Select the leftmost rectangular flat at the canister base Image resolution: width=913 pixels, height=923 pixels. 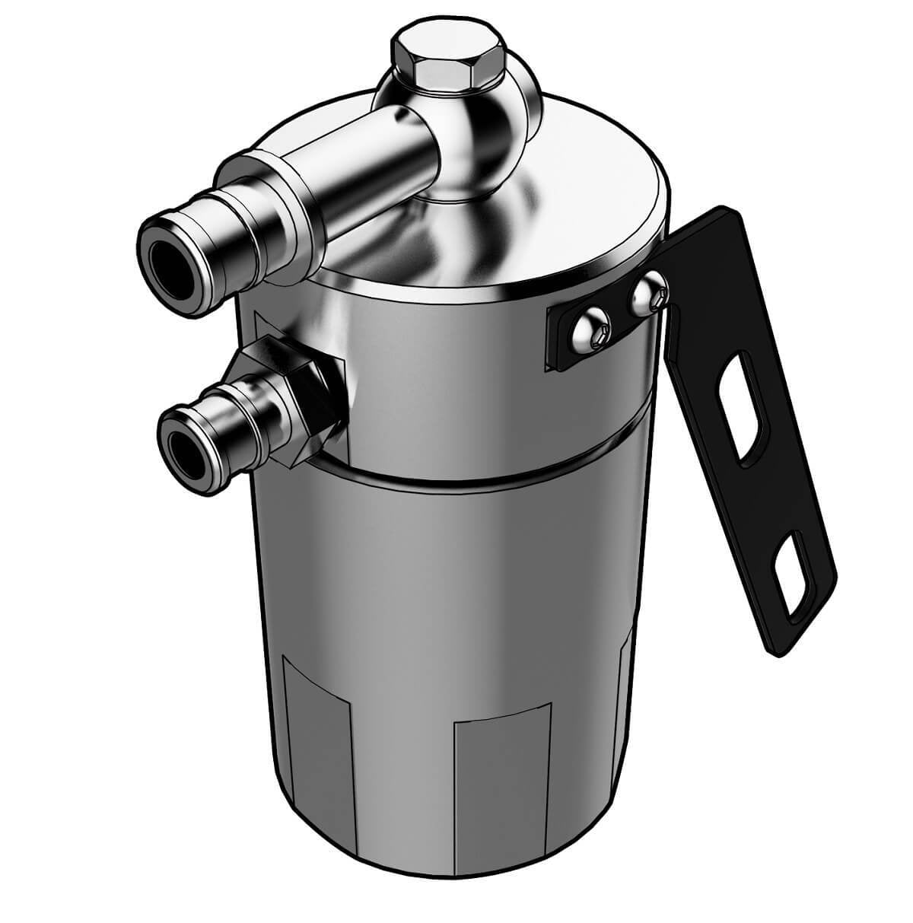click(316, 730)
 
